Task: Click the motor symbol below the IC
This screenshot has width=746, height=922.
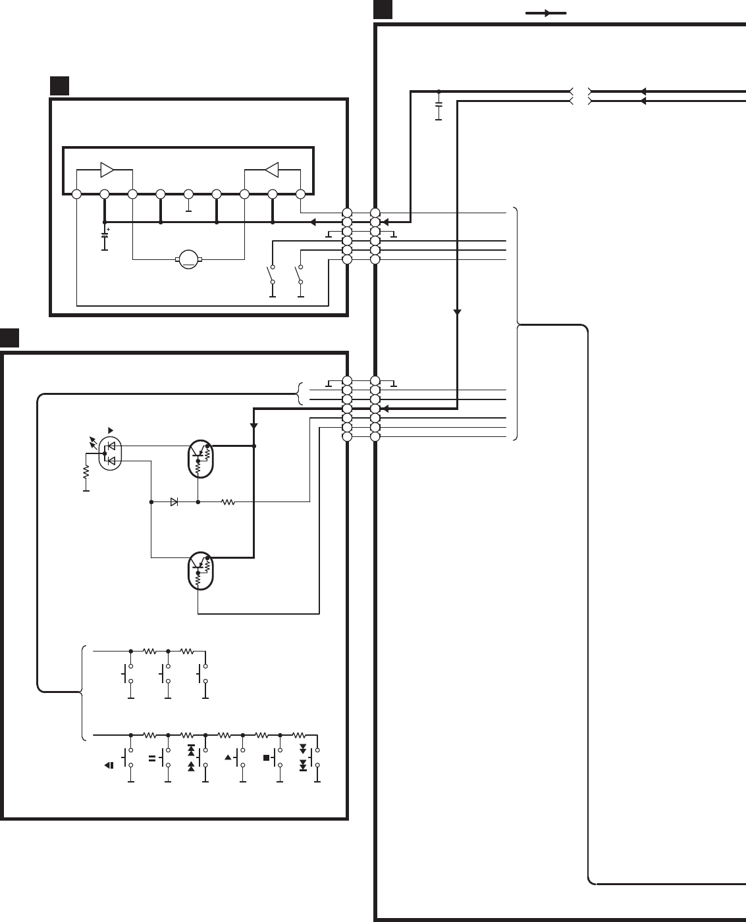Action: pyautogui.click(x=189, y=259)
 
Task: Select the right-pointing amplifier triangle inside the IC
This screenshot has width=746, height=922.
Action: pyautogui.click(x=107, y=170)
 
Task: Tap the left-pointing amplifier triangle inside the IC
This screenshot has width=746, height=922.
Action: pyautogui.click(x=271, y=170)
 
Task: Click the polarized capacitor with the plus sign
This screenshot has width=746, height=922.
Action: pyautogui.click(x=104, y=235)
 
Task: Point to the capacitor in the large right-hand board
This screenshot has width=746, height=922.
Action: pyautogui.click(x=439, y=104)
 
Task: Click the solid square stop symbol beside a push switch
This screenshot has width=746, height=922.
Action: pyautogui.click(x=267, y=757)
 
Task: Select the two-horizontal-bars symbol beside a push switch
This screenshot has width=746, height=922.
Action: pyautogui.click(x=152, y=758)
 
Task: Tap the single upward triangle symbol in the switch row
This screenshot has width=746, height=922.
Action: pyautogui.click(x=228, y=757)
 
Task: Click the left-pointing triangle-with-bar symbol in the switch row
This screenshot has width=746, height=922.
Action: pyautogui.click(x=109, y=765)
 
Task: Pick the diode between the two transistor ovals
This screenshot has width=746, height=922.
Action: pyautogui.click(x=174, y=501)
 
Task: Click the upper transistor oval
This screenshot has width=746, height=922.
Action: pyautogui.click(x=201, y=459)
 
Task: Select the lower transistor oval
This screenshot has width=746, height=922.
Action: pyautogui.click(x=201, y=570)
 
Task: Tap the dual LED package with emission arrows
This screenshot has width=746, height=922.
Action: pyautogui.click(x=110, y=453)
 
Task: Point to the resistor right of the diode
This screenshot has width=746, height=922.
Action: pyautogui.click(x=228, y=501)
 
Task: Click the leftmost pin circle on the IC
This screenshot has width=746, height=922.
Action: pyautogui.click(x=76, y=194)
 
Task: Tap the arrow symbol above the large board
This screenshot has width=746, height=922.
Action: pyautogui.click(x=546, y=13)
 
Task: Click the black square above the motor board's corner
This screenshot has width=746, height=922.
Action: pyautogui.click(x=60, y=86)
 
